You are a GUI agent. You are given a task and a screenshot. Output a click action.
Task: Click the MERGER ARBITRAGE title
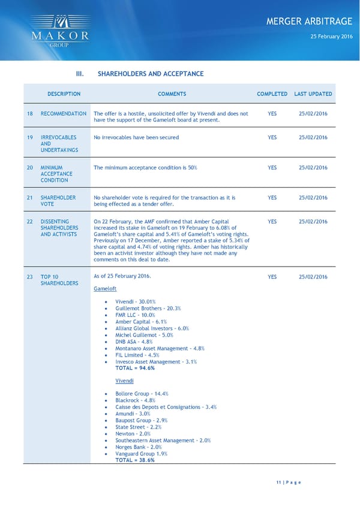(x=308, y=22)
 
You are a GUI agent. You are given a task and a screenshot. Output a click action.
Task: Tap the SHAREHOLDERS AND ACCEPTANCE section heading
(x=150, y=74)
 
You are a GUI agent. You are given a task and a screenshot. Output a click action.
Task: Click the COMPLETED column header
(x=272, y=94)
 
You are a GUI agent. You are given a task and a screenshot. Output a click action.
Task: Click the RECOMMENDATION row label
(x=63, y=113)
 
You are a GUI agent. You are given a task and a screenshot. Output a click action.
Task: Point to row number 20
(x=29, y=167)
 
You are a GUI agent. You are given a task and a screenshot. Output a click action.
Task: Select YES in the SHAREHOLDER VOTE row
(x=272, y=197)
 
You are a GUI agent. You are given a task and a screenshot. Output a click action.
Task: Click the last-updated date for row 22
(x=313, y=221)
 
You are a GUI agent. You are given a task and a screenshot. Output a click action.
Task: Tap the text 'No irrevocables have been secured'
(x=136, y=137)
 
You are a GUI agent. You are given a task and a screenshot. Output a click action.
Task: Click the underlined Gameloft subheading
(x=105, y=289)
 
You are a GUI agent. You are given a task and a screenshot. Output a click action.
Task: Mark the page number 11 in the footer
(x=279, y=482)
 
